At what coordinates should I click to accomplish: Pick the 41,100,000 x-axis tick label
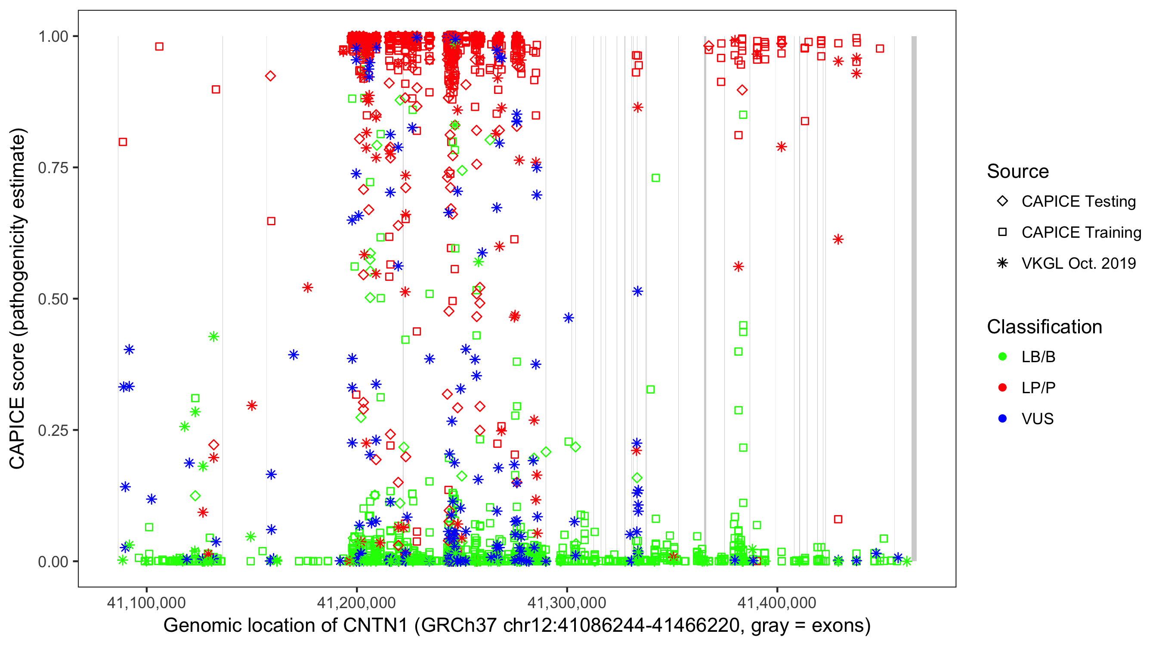(x=146, y=603)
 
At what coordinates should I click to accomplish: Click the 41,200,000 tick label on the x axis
(x=356, y=603)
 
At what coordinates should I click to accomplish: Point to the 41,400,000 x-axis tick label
(x=777, y=603)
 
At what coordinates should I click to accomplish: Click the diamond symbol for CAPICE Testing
(x=1002, y=202)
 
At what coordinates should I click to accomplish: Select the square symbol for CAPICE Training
(x=1002, y=233)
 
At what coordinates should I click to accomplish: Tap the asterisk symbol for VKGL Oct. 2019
(x=1002, y=263)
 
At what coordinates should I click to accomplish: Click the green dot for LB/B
(x=1002, y=357)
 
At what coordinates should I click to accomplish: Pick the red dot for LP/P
(x=1002, y=388)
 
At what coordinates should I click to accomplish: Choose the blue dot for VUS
(x=1002, y=419)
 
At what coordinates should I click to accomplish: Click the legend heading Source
(x=1018, y=171)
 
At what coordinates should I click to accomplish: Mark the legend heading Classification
(x=1044, y=327)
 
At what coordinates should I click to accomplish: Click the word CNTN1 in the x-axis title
(x=375, y=626)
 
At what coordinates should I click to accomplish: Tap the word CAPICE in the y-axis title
(x=17, y=432)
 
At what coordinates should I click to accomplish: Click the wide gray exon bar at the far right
(x=914, y=298)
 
